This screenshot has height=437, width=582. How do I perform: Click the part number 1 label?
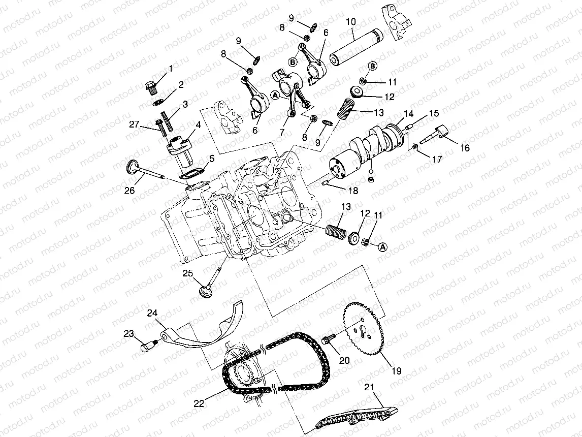click(x=171, y=68)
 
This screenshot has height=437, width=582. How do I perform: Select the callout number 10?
click(x=351, y=21)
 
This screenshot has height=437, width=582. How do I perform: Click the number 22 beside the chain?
click(x=199, y=403)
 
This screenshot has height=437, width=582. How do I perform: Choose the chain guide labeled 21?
click(x=357, y=418)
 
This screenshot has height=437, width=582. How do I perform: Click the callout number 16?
click(x=465, y=148)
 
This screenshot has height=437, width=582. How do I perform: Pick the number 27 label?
click(x=134, y=124)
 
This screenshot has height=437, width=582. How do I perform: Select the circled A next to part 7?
click(x=275, y=96)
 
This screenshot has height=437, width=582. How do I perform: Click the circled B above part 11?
click(x=372, y=66)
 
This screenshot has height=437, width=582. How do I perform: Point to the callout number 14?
click(x=408, y=114)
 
